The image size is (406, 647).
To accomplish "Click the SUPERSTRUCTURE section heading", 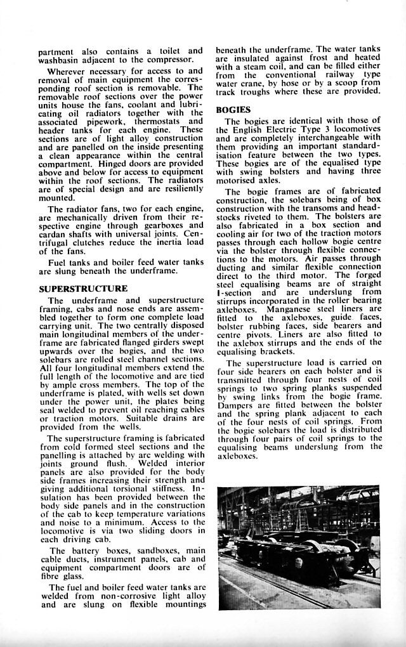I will (x=83, y=289).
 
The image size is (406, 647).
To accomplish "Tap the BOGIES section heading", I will (x=233, y=110).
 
